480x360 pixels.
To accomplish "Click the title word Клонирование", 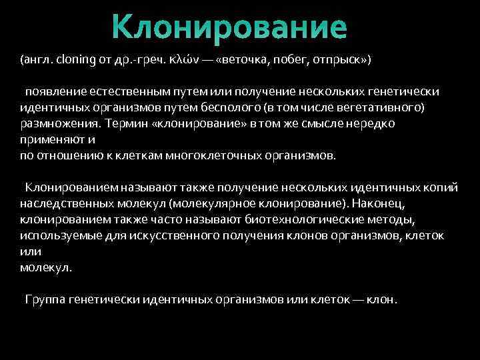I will pos(229,27).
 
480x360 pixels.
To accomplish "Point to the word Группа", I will pos(45,299).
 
